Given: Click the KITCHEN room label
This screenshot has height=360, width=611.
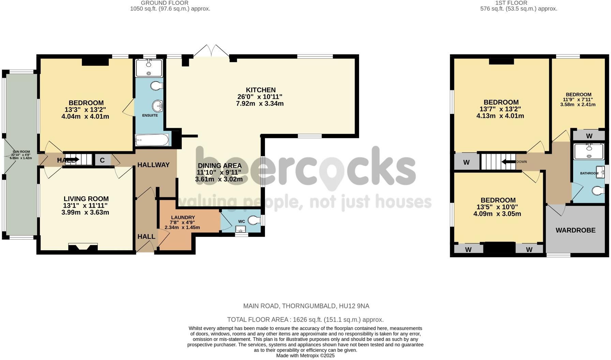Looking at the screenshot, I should click(260, 90).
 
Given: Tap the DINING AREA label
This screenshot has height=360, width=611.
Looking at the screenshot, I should click(220, 166).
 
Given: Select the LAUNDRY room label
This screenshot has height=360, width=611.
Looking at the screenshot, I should click(183, 217).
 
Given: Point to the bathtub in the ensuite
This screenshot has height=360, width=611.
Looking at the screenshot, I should click(152, 140).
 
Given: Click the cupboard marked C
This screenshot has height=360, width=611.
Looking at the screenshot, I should click(102, 160).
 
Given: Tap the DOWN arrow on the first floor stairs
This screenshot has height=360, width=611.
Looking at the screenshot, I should click(509, 162).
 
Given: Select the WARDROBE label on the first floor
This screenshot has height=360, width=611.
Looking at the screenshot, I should click(576, 230).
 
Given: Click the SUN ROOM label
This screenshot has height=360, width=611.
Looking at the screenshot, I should click(21, 152).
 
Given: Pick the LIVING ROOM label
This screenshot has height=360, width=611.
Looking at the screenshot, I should click(86, 199).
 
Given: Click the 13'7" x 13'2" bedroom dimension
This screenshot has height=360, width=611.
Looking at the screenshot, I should click(500, 109).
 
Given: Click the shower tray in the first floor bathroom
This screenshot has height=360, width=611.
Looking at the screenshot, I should click(588, 152).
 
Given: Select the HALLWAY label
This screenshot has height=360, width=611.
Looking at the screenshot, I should click(153, 165).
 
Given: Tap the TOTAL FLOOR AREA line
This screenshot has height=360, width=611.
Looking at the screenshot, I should click(305, 320).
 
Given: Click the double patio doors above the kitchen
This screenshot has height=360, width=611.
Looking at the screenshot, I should click(211, 51).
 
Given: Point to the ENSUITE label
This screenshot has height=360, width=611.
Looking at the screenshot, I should click(150, 115).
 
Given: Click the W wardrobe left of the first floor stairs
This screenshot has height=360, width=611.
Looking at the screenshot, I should click(466, 163).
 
